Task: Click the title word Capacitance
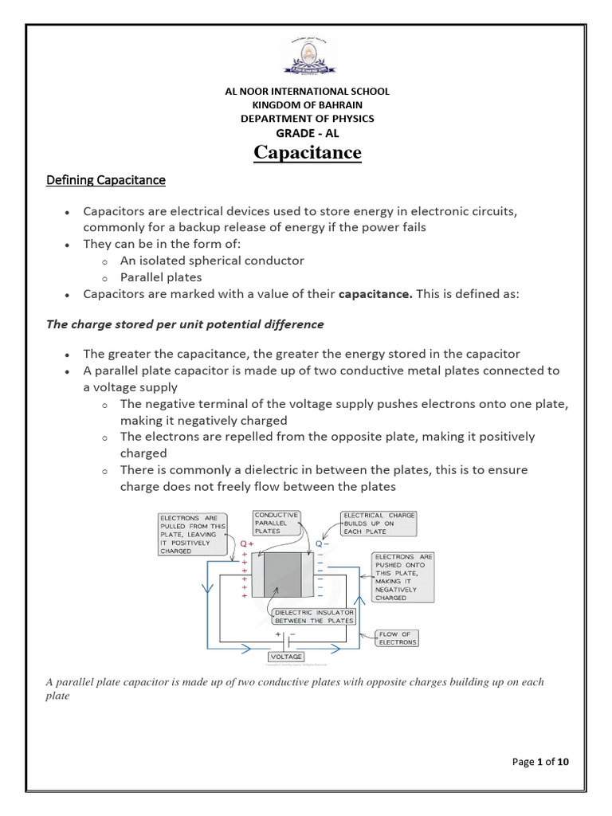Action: (x=307, y=152)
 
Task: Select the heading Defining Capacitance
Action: (x=106, y=180)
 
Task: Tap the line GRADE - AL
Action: (x=307, y=133)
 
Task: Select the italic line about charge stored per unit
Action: (x=185, y=324)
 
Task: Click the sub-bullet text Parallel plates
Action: (x=161, y=277)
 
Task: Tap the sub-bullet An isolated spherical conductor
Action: (x=212, y=261)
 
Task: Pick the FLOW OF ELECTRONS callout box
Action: (x=398, y=637)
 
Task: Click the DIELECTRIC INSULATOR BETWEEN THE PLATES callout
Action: (x=314, y=616)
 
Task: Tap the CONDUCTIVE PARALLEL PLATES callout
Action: (x=276, y=523)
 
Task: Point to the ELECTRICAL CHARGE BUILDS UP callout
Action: (x=379, y=524)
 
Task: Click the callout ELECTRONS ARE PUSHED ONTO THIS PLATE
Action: (x=402, y=577)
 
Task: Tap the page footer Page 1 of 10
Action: (x=540, y=762)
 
